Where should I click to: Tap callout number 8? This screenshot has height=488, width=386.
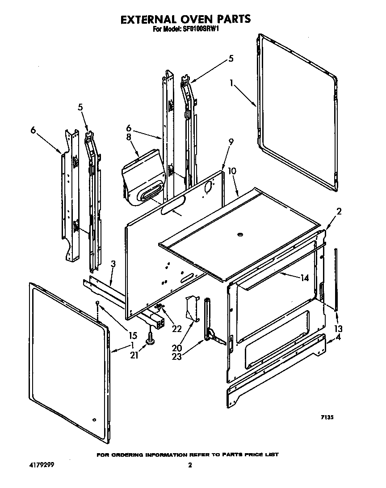(129, 137)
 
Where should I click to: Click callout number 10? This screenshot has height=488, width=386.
(232, 171)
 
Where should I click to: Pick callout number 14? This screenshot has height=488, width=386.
(305, 278)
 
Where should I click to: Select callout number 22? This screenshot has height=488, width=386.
(177, 328)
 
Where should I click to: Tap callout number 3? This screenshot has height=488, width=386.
(113, 264)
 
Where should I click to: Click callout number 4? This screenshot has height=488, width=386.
(338, 338)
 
